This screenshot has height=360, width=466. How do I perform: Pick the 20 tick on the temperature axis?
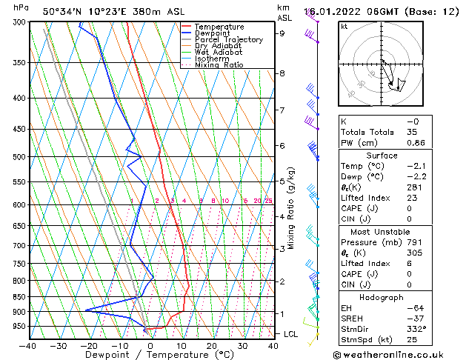click(x=212, y=345)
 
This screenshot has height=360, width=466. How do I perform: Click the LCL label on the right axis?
click(x=291, y=334)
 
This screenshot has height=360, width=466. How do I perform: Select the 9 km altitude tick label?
click(x=282, y=33)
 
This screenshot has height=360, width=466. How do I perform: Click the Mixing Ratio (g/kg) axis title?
click(x=291, y=207)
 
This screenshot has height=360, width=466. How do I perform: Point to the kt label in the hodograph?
click(x=344, y=26)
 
